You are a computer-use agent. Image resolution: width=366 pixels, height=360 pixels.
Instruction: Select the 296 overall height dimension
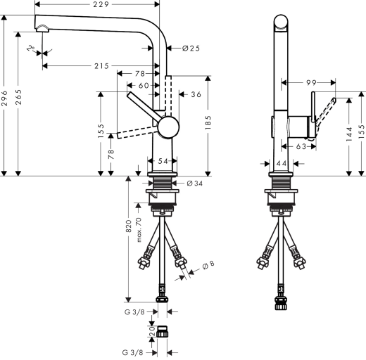[x=6, y=98]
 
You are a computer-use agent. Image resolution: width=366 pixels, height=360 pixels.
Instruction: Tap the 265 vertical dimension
[x=21, y=98]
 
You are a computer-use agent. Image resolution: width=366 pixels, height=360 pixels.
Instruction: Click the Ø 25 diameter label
[x=191, y=49]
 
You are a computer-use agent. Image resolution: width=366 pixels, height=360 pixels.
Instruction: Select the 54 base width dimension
[x=163, y=162]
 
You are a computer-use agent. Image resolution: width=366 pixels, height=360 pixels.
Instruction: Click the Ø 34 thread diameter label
[x=194, y=184]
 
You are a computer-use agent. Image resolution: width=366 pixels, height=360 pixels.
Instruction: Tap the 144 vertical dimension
[x=349, y=135]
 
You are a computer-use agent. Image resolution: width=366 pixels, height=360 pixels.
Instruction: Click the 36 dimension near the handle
[x=196, y=94]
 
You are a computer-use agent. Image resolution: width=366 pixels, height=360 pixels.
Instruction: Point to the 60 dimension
[x=144, y=85]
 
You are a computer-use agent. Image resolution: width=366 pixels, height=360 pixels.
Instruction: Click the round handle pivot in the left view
[x=169, y=128]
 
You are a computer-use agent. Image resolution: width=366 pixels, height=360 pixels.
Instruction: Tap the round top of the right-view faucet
[x=280, y=21]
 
